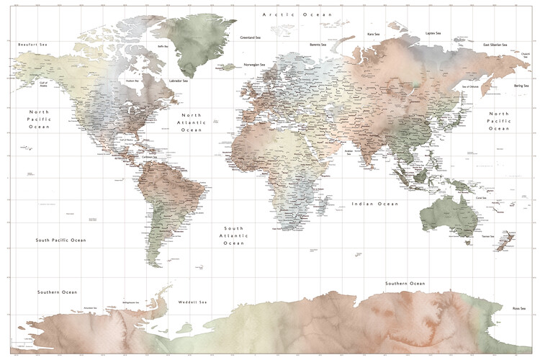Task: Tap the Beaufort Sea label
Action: [x=32, y=45]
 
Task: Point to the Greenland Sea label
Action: [x=251, y=37]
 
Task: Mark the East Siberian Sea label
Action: [x=496, y=45]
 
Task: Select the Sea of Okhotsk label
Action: [x=470, y=87]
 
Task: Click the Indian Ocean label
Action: [x=374, y=204]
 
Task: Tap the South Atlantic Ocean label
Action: [x=234, y=235]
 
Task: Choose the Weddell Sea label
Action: [x=193, y=302]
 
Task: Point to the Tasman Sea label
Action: [x=487, y=236]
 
